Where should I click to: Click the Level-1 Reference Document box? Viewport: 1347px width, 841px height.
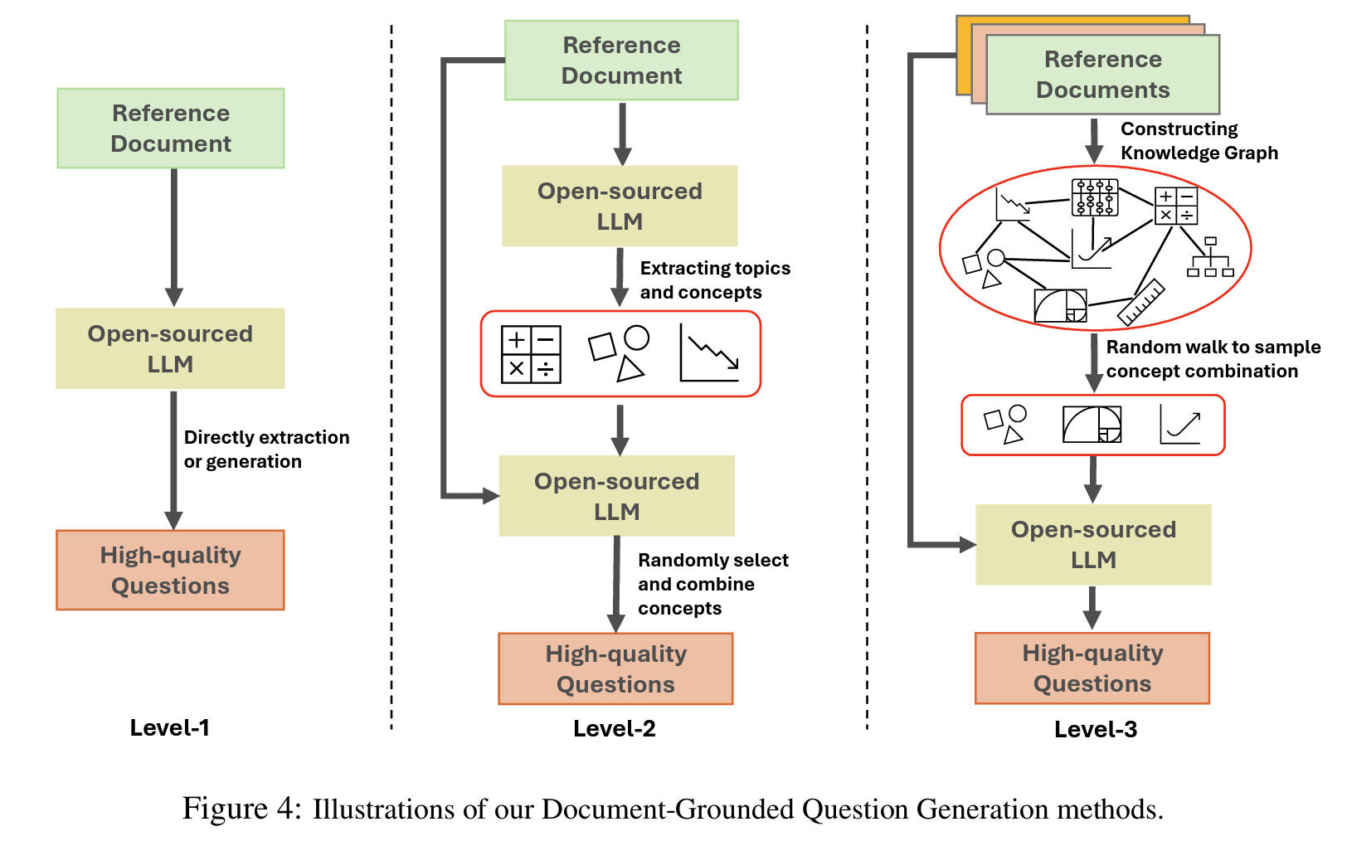(x=171, y=129)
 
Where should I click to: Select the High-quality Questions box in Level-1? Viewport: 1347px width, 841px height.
(x=171, y=571)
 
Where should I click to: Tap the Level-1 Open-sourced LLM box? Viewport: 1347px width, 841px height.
(x=171, y=348)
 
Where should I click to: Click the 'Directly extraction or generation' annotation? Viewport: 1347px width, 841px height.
(x=265, y=450)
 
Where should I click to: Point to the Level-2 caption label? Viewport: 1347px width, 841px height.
(x=615, y=728)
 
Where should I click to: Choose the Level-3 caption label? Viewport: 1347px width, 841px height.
(x=1096, y=729)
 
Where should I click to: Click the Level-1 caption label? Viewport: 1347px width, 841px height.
(x=169, y=727)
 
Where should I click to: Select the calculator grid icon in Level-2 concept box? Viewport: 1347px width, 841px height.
(x=531, y=354)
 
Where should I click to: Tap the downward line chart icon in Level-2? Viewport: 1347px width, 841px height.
(x=709, y=354)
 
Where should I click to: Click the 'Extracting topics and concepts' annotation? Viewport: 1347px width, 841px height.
(x=714, y=280)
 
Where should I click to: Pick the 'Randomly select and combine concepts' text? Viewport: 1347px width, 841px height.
(x=712, y=584)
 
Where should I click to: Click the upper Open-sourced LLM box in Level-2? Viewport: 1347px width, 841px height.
(x=620, y=206)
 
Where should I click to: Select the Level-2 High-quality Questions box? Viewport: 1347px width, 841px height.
(x=615, y=669)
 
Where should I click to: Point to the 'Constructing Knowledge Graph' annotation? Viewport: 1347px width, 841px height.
(x=1199, y=141)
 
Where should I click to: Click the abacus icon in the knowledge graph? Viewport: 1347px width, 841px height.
(x=1095, y=197)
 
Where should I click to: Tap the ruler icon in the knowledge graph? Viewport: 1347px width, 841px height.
(x=1141, y=302)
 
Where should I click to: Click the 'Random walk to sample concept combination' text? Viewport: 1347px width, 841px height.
(x=1213, y=359)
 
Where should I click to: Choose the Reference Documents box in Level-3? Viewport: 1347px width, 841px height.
(x=1102, y=75)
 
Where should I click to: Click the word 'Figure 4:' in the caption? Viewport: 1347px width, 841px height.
(x=242, y=809)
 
